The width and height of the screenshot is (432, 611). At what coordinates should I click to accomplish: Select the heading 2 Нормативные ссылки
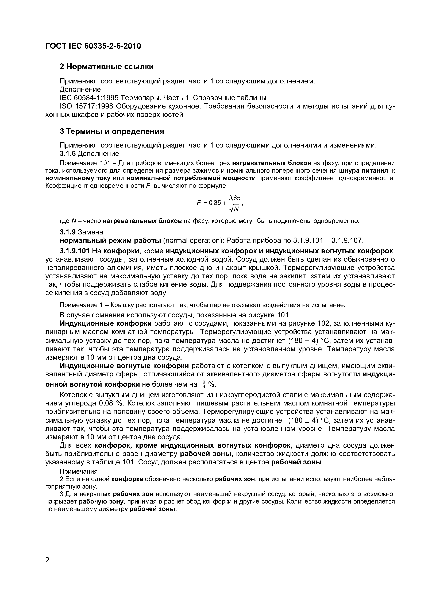(x=106, y=67)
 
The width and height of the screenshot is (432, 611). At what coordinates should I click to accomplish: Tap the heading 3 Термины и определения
(x=112, y=132)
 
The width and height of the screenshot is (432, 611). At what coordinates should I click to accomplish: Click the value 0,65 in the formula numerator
(x=234, y=198)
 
